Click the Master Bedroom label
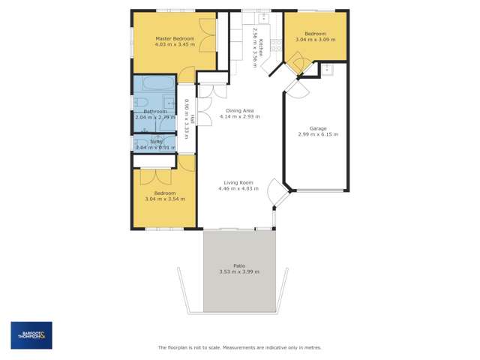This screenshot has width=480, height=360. point(175,38)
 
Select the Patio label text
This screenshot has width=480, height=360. point(239,265)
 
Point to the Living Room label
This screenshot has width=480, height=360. point(238,182)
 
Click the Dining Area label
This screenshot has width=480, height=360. point(238,111)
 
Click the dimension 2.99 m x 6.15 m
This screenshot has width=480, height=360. point(318,135)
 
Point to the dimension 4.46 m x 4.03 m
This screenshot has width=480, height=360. point(238,188)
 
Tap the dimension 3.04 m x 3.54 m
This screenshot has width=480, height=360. point(164,199)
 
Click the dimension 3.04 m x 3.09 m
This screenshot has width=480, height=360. point(315,39)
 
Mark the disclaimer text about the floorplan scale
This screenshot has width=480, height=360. point(239,347)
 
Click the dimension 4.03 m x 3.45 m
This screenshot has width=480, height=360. point(175,44)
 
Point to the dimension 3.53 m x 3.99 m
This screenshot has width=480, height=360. point(239,271)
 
